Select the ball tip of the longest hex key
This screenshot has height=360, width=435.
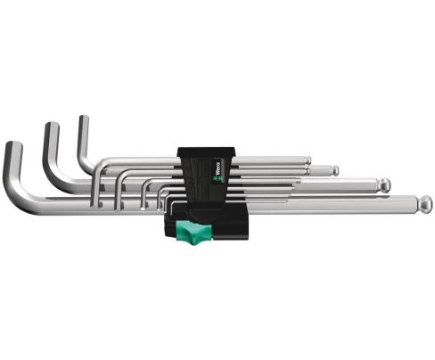pos(428,202)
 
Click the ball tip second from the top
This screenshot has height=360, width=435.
pos(333,170)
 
